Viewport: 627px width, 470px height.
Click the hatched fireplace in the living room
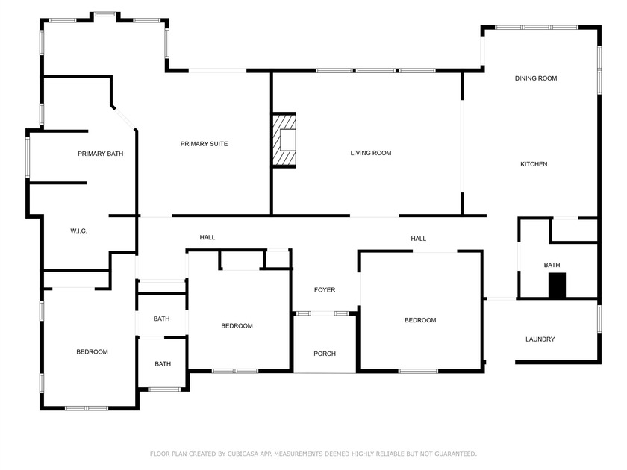(284, 140)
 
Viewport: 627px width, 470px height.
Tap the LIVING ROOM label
(371, 153)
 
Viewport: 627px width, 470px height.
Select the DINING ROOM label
(536, 78)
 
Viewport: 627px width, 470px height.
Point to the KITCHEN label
(534, 164)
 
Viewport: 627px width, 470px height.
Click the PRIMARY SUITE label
(204, 144)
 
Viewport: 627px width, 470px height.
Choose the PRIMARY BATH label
(101, 154)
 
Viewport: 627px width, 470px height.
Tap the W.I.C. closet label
(79, 231)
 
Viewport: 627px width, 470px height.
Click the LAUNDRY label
(540, 339)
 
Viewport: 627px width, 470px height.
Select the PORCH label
(325, 354)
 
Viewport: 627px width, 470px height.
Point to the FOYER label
(325, 290)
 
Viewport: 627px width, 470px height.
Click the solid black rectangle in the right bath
(557, 286)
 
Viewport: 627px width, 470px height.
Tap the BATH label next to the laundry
(552, 265)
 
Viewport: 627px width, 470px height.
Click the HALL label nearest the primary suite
(208, 237)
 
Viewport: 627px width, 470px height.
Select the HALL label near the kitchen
(419, 239)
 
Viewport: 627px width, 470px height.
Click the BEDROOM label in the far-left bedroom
(93, 352)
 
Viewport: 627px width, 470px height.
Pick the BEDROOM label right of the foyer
(420, 320)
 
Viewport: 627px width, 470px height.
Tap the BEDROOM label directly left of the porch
(237, 325)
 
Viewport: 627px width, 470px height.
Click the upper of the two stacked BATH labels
(162, 319)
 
